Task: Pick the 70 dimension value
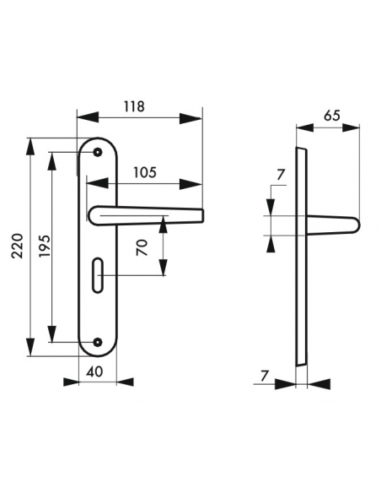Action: coord(143,246)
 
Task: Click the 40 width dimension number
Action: coord(96,371)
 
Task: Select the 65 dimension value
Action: coord(330,117)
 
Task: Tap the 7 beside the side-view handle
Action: coord(281,175)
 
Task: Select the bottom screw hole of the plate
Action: coord(98,342)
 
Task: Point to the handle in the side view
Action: coord(333,225)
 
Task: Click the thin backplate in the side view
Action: coord(300,253)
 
